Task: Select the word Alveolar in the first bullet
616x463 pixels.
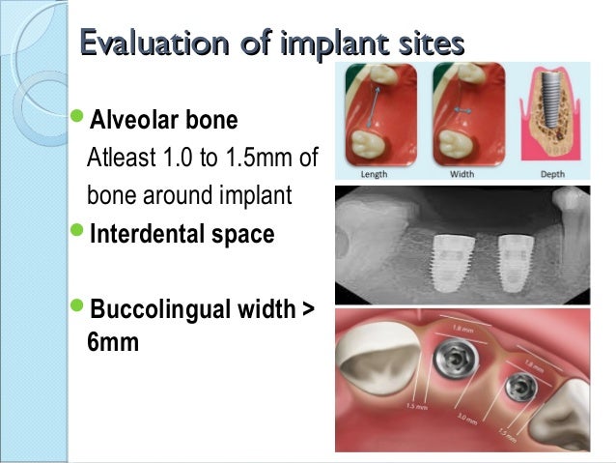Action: [x=133, y=124]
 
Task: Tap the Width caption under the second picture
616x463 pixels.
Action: [x=466, y=175]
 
